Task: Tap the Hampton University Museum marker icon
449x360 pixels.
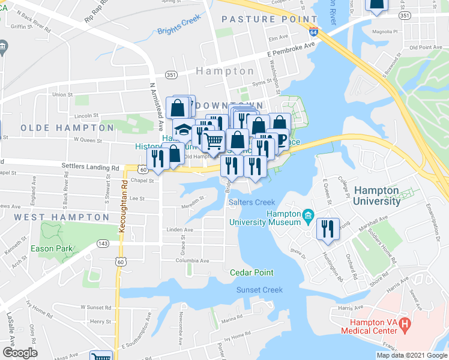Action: (x=308, y=214)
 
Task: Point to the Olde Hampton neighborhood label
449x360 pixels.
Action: (x=67, y=128)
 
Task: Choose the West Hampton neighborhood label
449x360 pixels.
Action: (x=61, y=217)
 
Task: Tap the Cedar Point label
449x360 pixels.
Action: (x=252, y=272)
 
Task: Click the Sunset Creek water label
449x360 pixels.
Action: (x=259, y=290)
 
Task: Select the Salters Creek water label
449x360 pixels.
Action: (x=252, y=202)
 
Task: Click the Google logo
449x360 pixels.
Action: (x=20, y=353)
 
